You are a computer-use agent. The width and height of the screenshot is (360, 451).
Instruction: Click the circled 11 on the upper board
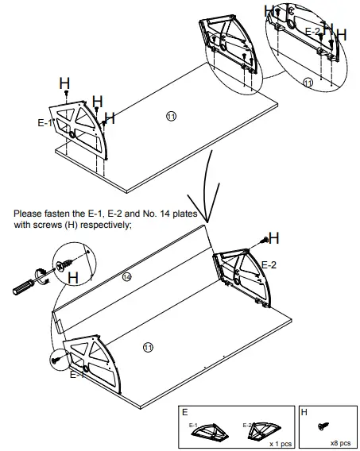pos(171,116)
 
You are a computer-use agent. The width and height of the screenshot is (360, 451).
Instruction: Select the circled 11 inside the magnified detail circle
pos(308,82)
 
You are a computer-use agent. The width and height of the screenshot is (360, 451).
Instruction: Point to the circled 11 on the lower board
pos(147,347)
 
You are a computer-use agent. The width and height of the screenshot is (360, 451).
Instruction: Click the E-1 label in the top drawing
pos(45,124)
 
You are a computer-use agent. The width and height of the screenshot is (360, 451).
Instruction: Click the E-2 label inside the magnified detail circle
pos(313,31)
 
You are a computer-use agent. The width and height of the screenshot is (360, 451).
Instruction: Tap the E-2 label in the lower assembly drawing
pos(269,264)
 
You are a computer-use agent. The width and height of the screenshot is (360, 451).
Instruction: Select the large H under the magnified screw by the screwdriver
pos(72,278)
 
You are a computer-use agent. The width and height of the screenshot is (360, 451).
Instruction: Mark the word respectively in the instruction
pos(110,225)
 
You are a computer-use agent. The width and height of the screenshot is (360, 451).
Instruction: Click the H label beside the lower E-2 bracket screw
pos(273,237)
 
